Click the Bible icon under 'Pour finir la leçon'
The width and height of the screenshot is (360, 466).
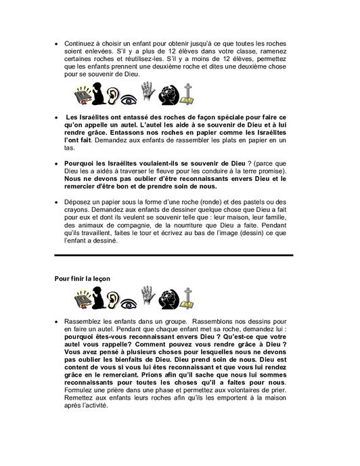click(x=81, y=299)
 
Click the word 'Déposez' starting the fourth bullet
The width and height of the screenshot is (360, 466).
click(x=80, y=202)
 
